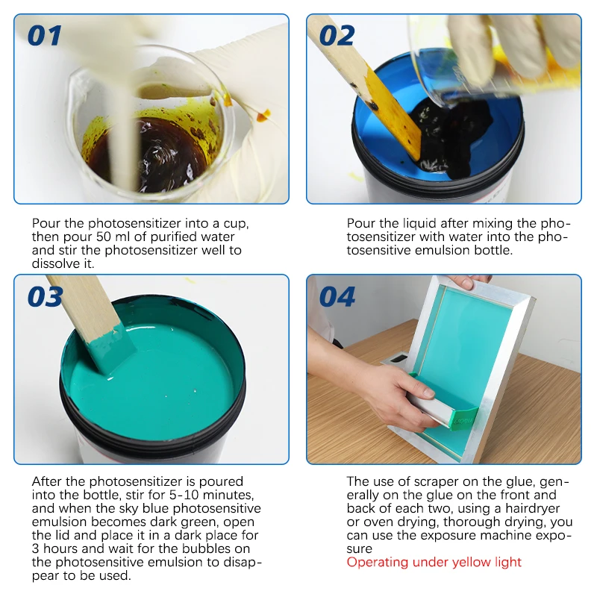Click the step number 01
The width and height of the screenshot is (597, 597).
[45, 35]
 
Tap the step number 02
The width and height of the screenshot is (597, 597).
[337, 35]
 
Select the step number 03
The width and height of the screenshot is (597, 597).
[45, 297]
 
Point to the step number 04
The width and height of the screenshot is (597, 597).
[337, 297]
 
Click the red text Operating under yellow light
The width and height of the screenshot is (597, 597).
[434, 562]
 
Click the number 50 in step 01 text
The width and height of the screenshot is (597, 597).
[104, 237]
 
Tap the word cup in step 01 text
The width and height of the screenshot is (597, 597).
[234, 224]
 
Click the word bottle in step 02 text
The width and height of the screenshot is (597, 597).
[493, 250]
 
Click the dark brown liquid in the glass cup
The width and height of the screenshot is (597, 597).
[152, 152]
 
